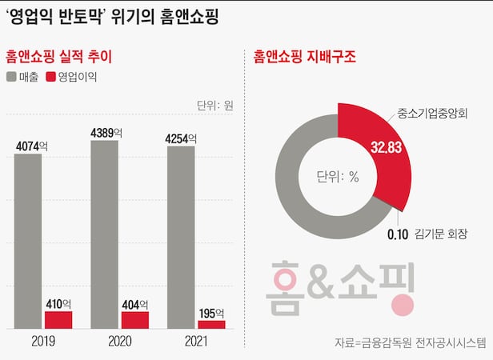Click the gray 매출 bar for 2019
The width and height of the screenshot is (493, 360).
click(28, 240)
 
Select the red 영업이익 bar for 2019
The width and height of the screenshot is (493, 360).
click(58, 319)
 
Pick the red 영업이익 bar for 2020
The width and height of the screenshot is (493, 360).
click(135, 319)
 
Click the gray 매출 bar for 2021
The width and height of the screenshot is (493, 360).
click(181, 237)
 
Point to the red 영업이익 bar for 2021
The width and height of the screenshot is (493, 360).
click(211, 324)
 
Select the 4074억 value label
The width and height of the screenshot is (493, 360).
click(32, 146)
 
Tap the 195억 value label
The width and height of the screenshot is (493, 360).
click(212, 312)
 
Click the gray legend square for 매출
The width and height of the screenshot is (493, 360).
click(12, 78)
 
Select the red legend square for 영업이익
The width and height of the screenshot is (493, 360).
click(52, 78)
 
